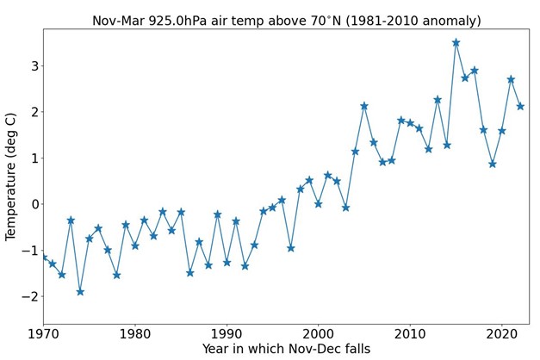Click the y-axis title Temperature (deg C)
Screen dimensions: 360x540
click(x=12, y=176)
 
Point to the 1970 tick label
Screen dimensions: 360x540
click(x=43, y=332)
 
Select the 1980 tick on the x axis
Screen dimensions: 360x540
click(x=135, y=332)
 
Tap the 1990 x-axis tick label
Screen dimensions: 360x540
click(x=227, y=332)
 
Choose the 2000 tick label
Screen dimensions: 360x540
click(x=318, y=332)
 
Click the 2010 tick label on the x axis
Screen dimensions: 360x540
click(x=410, y=332)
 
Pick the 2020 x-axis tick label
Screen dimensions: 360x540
click(x=501, y=332)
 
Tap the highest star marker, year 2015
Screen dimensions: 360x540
click(x=456, y=42)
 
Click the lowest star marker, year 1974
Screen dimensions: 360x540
click(x=80, y=292)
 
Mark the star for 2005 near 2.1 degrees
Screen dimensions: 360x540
click(x=364, y=106)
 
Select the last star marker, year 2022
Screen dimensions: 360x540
click(x=520, y=106)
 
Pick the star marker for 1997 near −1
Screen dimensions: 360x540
click(x=291, y=248)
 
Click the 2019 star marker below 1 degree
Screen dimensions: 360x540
click(x=493, y=164)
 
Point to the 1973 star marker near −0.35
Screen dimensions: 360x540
click(x=71, y=220)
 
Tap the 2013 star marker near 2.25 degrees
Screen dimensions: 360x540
click(x=438, y=100)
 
